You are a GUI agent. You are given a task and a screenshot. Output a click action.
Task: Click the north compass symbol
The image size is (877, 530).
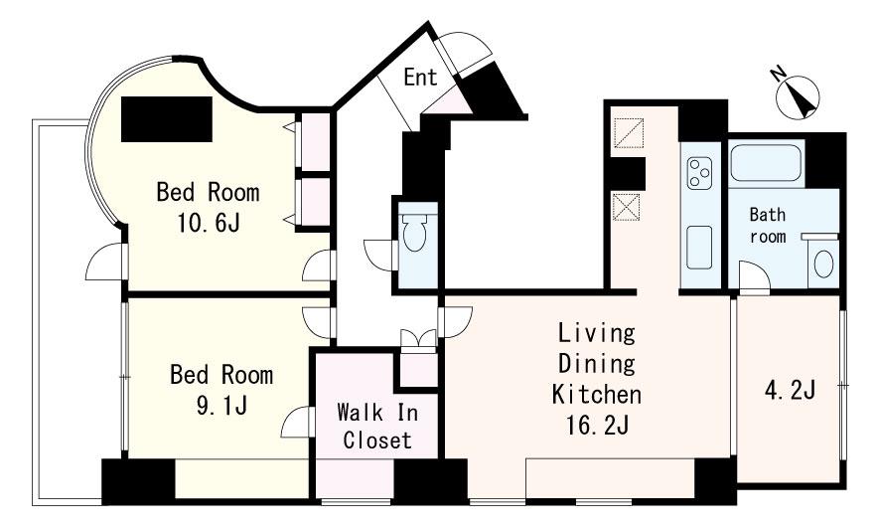tap(797, 95)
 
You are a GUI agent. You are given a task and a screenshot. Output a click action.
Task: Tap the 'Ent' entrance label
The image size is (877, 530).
tap(420, 77)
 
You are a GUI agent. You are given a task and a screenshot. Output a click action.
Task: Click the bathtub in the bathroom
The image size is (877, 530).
tap(765, 162)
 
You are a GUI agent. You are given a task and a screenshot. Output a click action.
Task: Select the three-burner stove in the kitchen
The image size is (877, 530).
tap(699, 173)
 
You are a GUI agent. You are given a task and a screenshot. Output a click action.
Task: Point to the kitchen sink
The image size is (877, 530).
tap(699, 247)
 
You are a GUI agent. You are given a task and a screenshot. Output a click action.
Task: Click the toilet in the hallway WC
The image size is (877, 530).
tap(414, 233)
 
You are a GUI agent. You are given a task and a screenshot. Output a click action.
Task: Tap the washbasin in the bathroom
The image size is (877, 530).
tap(823, 264)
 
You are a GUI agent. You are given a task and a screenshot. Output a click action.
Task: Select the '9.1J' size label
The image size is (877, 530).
tap(221, 406)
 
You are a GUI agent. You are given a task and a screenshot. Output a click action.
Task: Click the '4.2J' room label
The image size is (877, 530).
tap(790, 390)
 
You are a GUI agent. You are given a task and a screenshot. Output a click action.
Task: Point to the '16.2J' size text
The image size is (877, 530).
tap(597, 426)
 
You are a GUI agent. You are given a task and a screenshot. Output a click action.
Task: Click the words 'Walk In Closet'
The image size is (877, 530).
tap(377, 427)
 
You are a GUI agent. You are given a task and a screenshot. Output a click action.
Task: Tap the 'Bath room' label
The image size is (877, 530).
tap(768, 225)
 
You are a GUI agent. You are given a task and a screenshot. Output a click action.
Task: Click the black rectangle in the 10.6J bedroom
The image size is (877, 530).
tap(167, 118)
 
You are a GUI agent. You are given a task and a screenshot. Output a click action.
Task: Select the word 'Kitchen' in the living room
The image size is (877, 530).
tap(596, 394)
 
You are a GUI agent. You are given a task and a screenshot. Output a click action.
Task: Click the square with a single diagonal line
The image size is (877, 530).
tap(628, 132)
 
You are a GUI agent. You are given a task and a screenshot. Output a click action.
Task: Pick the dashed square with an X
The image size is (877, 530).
tap(626, 206)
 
